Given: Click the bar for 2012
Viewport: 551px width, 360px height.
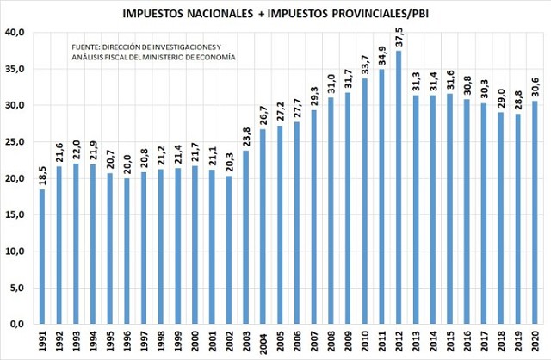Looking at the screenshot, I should point(399,187).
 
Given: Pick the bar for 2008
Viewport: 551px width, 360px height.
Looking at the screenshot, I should point(330,211).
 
